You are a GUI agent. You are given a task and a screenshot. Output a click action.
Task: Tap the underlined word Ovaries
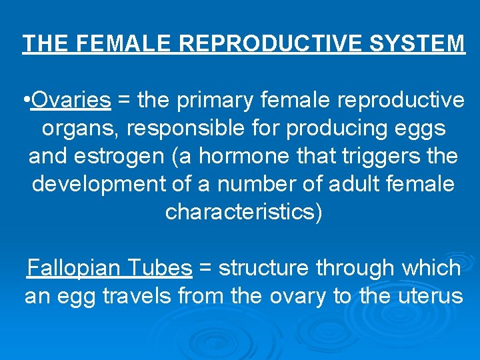[71, 100]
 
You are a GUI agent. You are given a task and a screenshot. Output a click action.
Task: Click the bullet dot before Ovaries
[25, 101]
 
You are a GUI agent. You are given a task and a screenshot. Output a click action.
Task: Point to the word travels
[137, 296]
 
